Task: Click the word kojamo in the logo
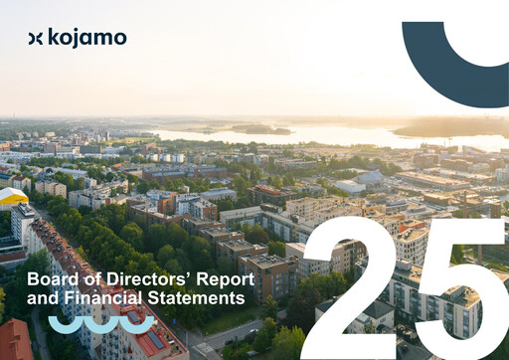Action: pyautogui.click(x=87, y=38)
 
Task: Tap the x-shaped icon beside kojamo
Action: pyautogui.click(x=36, y=38)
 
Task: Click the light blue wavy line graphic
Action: pyautogui.click(x=101, y=324)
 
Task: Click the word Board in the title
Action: pyautogui.click(x=51, y=280)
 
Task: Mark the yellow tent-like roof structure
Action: pyautogui.click(x=11, y=197)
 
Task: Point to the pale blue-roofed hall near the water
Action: pyautogui.click(x=370, y=178)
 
